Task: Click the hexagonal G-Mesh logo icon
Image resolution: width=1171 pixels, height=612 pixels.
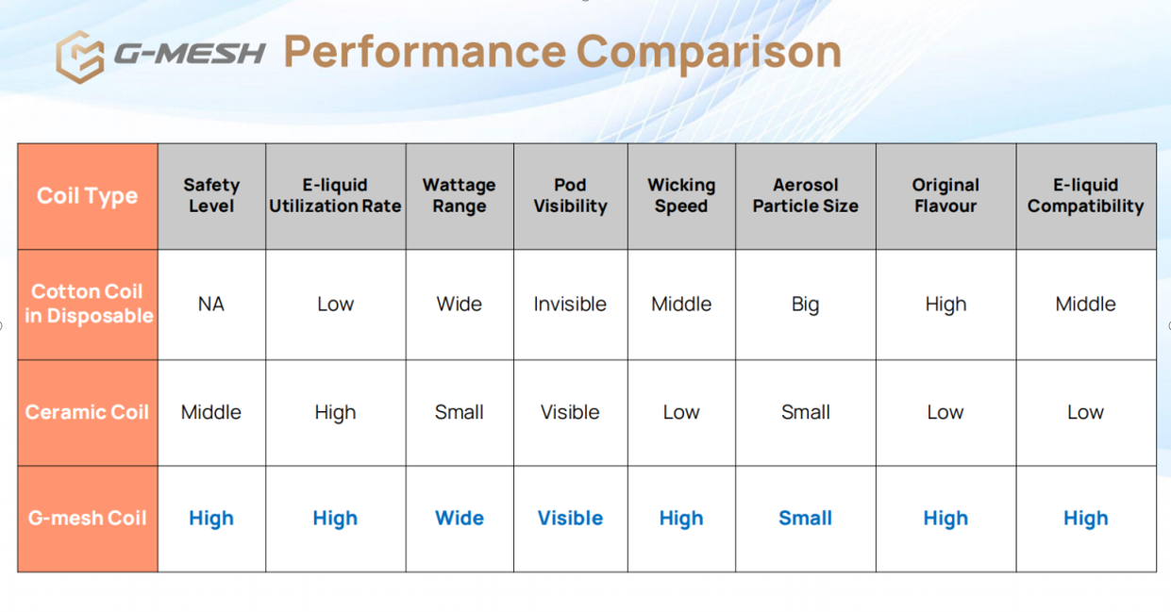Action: click(80, 57)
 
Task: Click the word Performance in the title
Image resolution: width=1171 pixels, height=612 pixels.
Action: click(425, 53)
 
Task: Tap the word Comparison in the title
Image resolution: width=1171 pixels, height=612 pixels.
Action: click(709, 53)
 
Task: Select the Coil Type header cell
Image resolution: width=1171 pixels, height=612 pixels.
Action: click(88, 196)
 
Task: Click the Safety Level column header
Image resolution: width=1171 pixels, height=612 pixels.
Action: click(211, 195)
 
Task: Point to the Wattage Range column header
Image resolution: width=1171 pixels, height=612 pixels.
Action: click(459, 195)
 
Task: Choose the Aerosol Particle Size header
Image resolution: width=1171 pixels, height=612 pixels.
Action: click(805, 195)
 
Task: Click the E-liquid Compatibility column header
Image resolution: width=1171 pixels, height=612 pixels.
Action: click(1086, 195)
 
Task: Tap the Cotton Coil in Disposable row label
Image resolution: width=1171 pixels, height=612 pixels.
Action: click(89, 304)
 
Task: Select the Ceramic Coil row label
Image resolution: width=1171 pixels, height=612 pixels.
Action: click(88, 412)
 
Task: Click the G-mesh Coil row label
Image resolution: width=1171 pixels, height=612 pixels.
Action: click(88, 518)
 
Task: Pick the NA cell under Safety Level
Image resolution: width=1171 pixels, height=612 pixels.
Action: click(211, 305)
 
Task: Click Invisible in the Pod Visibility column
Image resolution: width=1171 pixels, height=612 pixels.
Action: click(570, 305)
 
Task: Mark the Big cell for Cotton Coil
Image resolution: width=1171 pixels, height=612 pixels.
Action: click(805, 305)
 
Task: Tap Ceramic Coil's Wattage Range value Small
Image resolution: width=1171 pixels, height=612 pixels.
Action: click(459, 412)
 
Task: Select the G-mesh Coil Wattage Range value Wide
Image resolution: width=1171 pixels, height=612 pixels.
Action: click(459, 518)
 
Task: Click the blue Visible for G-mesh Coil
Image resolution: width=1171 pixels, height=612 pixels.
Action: click(570, 518)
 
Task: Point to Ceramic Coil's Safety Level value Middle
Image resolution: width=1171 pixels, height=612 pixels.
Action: click(211, 412)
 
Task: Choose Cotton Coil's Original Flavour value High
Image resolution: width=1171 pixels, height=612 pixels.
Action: click(945, 305)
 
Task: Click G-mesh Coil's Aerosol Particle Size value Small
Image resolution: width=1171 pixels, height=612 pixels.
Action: click(805, 518)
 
